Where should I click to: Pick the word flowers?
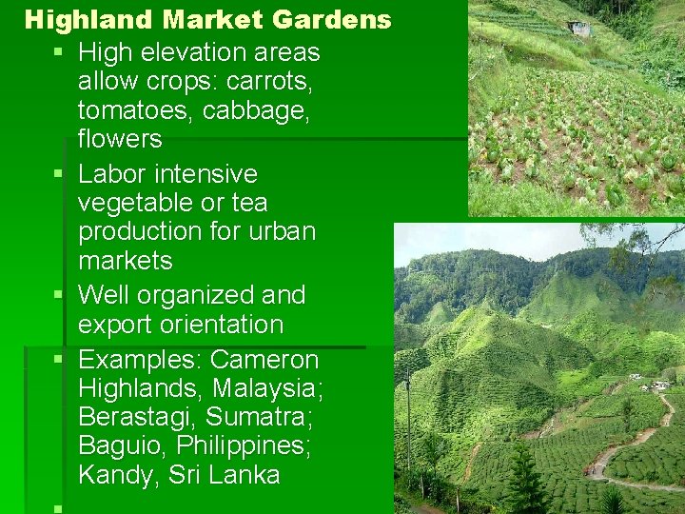coord(120,139)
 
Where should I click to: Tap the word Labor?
coord(111,174)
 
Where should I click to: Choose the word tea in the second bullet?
coord(249,203)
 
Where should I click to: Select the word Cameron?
coord(264,360)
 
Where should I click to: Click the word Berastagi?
coord(137,417)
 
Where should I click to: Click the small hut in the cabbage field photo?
coord(578,29)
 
